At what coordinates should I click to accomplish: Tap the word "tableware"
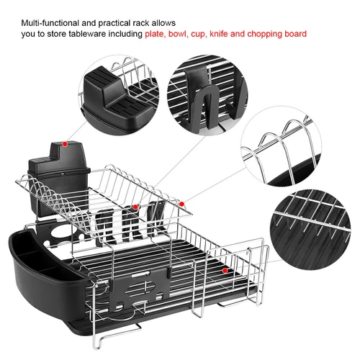pyautogui.click(x=114, y=34)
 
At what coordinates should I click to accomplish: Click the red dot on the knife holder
pyautogui.click(x=65, y=143)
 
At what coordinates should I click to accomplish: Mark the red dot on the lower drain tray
pyautogui.click(x=225, y=271)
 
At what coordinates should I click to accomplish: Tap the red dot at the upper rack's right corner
pyautogui.click(x=184, y=204)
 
